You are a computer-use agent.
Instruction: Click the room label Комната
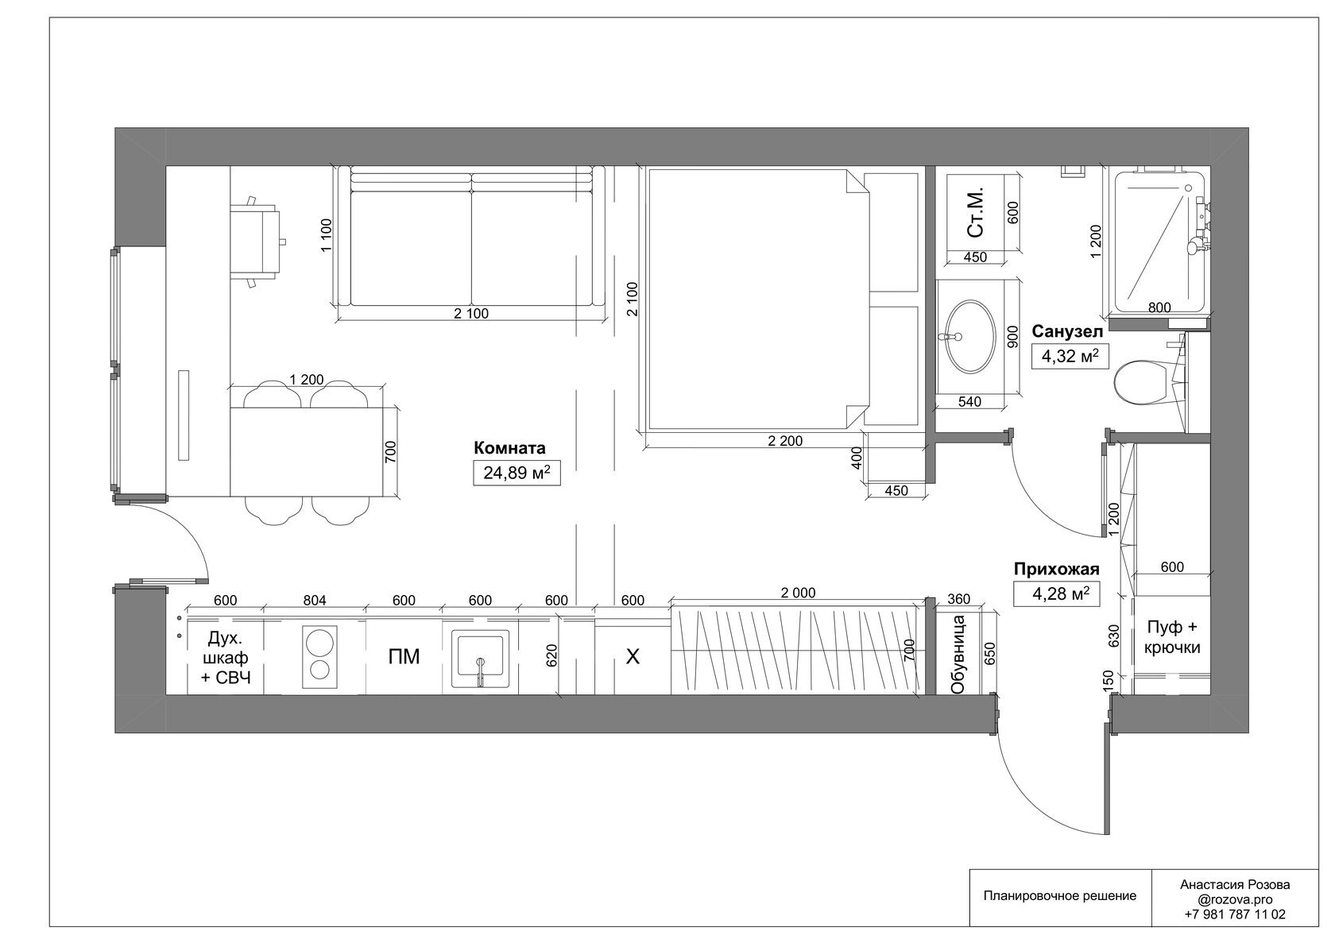(x=509, y=447)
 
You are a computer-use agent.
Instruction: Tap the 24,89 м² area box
(x=517, y=473)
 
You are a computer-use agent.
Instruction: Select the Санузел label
(x=1067, y=331)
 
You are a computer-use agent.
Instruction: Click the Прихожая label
(x=1057, y=569)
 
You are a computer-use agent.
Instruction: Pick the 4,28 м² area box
(x=1057, y=594)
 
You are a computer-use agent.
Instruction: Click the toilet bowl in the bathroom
(x=1140, y=383)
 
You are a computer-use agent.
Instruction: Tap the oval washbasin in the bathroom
(x=970, y=337)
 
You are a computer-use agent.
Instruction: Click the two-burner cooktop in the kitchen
(x=319, y=656)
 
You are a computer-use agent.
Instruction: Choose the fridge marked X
(x=633, y=657)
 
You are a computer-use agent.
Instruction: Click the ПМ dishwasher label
(x=404, y=656)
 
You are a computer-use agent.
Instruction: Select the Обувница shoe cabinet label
(x=958, y=655)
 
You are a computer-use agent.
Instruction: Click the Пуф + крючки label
(x=1171, y=637)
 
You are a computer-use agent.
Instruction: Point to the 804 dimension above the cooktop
(x=314, y=601)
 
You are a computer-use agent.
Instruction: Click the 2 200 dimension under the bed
(x=785, y=441)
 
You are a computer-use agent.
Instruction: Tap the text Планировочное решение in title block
(x=1060, y=912)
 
